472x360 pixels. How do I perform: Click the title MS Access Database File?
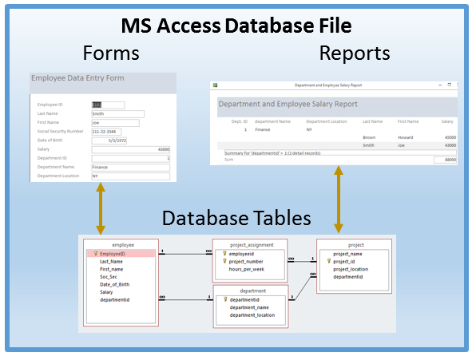(x=236, y=26)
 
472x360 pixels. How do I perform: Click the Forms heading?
(x=111, y=53)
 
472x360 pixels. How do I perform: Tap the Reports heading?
(x=355, y=53)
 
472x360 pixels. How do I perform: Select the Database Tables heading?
(x=236, y=217)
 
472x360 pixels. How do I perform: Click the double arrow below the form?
(x=101, y=207)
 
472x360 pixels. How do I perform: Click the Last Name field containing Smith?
(x=117, y=113)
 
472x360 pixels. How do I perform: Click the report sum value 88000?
(x=446, y=160)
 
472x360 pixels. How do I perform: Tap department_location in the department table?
(x=252, y=315)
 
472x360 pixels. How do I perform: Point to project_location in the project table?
(x=351, y=269)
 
